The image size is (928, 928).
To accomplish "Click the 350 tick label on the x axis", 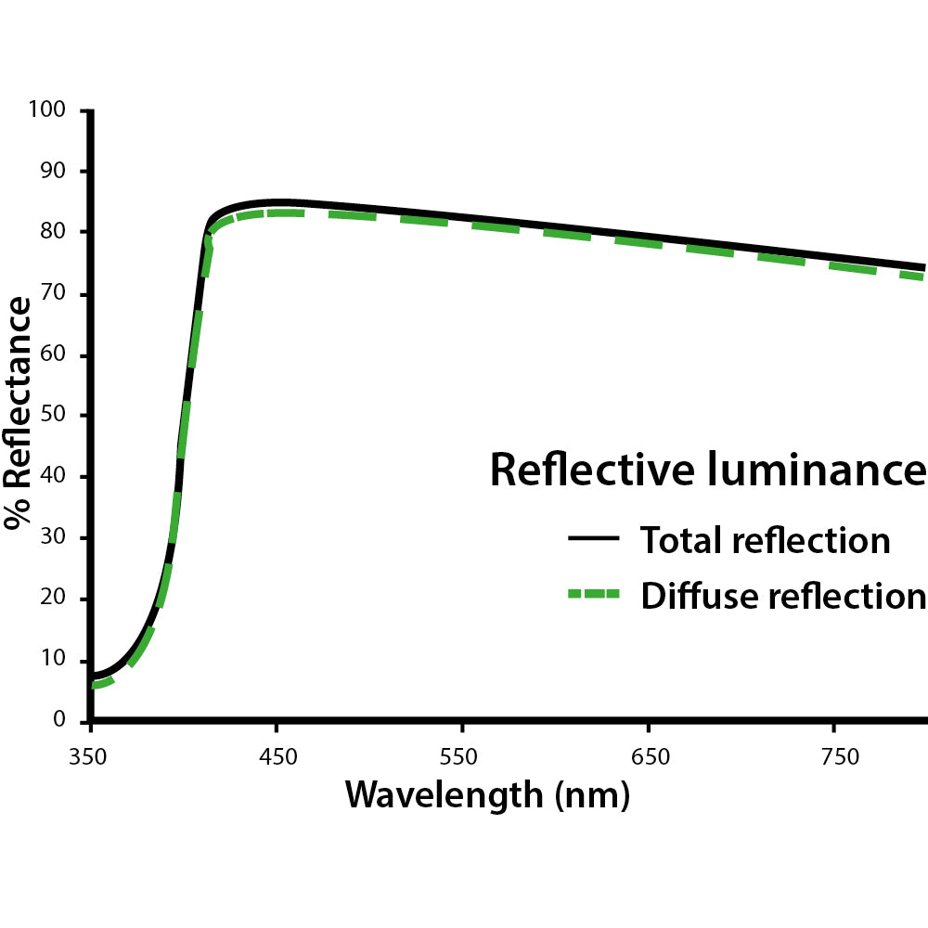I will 90,756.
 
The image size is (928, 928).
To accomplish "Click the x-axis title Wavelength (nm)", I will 486,795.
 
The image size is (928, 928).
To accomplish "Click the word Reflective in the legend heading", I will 590,470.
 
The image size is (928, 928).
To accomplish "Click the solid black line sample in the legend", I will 593,539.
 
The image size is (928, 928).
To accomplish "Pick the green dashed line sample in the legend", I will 593,595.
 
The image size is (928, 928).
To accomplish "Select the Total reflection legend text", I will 765,539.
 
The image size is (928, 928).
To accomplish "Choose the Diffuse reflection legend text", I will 782,595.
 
